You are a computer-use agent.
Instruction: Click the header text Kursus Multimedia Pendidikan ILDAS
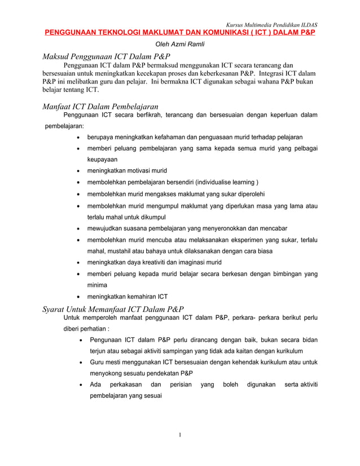[x=271, y=25]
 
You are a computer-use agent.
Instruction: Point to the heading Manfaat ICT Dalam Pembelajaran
[x=100, y=106]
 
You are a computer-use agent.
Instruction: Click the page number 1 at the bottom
[x=179, y=434]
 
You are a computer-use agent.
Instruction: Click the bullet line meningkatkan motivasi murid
[x=126, y=170]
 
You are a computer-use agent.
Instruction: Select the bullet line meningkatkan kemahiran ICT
[x=127, y=296]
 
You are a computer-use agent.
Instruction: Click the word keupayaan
[x=102, y=160]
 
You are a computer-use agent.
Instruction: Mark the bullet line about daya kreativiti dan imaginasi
[x=153, y=262]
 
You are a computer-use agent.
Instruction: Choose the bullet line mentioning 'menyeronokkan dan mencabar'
[x=186, y=228]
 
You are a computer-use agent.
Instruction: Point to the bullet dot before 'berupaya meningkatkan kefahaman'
[x=77, y=137]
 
